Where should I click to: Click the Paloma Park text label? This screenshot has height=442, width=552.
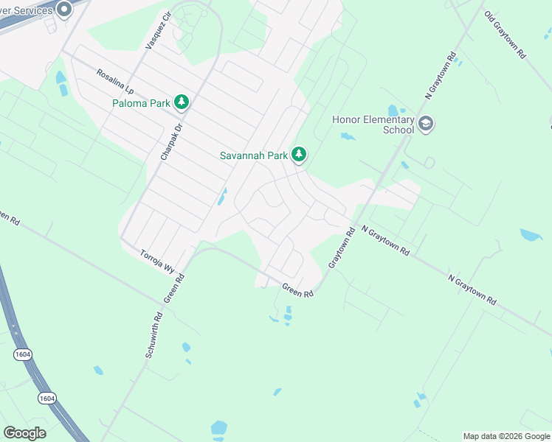[141, 103]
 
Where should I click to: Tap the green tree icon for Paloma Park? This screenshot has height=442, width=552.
[182, 102]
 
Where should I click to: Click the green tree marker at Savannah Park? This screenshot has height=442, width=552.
[298, 155]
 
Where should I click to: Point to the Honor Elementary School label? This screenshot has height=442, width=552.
[373, 124]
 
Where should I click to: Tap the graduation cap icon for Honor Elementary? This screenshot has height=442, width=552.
[425, 124]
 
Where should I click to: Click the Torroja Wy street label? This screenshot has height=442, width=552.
[156, 261]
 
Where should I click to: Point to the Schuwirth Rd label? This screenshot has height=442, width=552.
[153, 335]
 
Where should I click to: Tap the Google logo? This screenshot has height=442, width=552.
[24, 433]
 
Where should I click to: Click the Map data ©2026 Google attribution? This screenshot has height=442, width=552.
[506, 436]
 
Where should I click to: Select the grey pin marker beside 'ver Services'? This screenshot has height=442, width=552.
[63, 10]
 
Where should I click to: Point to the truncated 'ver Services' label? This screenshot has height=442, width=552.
[26, 10]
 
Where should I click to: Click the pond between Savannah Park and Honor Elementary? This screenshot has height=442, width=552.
[347, 136]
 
